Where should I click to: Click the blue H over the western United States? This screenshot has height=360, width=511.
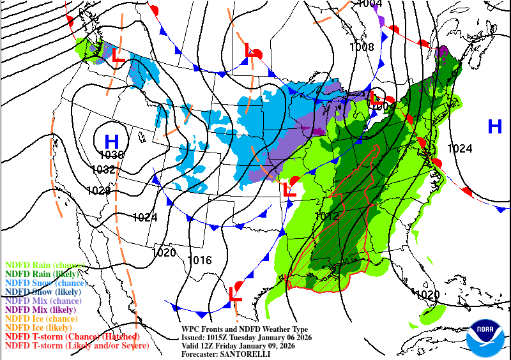pos(111,140)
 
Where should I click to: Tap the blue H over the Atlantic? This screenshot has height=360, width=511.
pos(495,126)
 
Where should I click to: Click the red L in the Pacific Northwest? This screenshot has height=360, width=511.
pos(118,56)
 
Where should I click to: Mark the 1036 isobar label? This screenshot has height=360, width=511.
pos(111,155)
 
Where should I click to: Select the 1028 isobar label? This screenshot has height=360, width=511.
pos(98,190)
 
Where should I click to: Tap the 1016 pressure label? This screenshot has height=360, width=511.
pos(200,260)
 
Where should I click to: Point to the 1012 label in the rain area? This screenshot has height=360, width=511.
pos(326,216)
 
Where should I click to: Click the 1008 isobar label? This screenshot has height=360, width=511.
pos(362,47)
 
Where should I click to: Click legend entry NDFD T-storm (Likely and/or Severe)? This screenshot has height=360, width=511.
pos(77,345)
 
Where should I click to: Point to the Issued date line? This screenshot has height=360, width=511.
pos(246,337)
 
